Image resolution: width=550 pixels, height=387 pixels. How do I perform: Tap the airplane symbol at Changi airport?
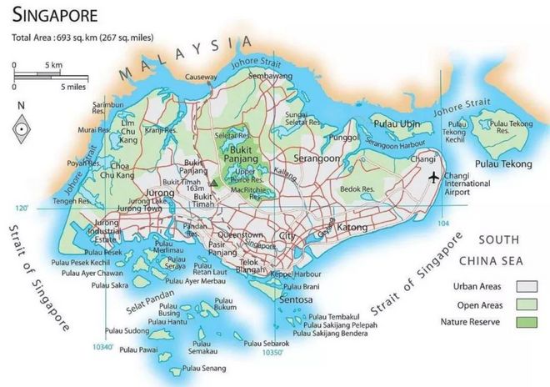pyautogui.click(x=433, y=177)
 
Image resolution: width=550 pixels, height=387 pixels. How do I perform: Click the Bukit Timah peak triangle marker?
pyautogui.click(x=214, y=181)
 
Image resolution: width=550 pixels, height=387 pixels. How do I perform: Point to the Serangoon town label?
pyautogui.click(x=316, y=158)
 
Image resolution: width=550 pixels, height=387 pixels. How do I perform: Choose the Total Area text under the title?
pyautogui.click(x=73, y=38)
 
